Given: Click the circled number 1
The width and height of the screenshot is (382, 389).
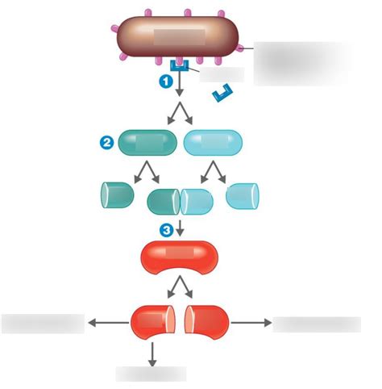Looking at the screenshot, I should (x=164, y=81).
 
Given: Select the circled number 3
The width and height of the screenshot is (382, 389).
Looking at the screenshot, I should (x=166, y=230).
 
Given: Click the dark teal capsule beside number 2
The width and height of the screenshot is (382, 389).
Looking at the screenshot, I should (x=147, y=143).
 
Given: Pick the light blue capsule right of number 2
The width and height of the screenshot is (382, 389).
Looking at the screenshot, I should (x=213, y=143).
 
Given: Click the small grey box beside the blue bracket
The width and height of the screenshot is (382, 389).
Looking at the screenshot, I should (x=221, y=74).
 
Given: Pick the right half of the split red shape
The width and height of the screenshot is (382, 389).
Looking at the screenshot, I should (x=206, y=323).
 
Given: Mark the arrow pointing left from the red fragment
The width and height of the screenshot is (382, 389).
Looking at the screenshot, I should (x=106, y=323).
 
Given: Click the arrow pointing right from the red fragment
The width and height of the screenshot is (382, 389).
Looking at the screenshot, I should (x=251, y=323).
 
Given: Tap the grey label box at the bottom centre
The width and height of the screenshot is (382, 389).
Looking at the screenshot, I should (x=151, y=374).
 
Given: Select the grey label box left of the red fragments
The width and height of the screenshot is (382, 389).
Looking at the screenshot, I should (x=43, y=324).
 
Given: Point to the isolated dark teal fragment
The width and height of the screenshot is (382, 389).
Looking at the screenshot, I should (x=117, y=196).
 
